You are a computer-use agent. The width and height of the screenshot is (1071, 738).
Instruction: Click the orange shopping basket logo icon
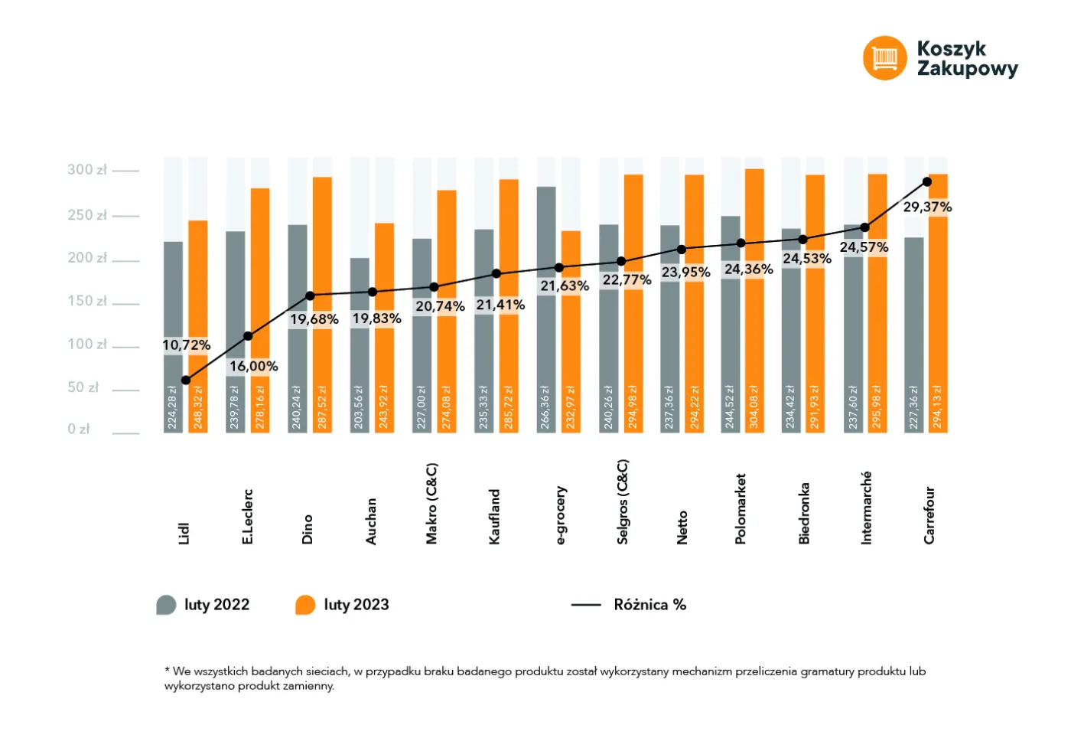point(884,58)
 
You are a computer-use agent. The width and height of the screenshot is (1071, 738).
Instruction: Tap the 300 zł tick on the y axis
point(125,171)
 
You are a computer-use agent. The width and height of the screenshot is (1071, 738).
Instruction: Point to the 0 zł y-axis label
point(79,429)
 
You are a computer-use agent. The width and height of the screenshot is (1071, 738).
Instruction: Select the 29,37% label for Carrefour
point(927,207)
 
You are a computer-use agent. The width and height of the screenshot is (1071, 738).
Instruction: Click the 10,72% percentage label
point(187,345)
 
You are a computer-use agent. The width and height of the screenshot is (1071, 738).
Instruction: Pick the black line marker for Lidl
point(186,380)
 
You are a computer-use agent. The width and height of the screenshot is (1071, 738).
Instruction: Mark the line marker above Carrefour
point(927,182)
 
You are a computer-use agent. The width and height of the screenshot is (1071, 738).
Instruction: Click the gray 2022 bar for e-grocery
point(546,310)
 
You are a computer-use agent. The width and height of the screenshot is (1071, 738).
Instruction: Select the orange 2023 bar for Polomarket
point(754,301)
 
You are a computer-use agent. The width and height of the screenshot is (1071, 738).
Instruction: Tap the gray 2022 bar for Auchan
point(360,345)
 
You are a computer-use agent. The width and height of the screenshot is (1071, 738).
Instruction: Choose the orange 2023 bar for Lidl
point(198,327)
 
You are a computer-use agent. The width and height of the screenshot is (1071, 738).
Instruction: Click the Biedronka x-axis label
point(804,513)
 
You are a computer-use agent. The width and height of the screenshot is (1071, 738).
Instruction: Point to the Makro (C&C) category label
point(431,504)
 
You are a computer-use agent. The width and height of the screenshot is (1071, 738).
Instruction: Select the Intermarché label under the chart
point(866,508)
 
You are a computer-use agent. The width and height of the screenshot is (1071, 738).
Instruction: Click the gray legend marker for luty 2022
point(167,605)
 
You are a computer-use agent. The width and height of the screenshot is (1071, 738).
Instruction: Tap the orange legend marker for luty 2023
point(305,605)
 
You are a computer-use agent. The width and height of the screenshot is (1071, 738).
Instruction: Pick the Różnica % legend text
point(649,605)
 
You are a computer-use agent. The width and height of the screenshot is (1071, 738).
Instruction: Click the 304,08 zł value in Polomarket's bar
point(754,407)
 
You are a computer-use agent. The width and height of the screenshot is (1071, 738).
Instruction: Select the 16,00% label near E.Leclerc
point(253,367)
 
